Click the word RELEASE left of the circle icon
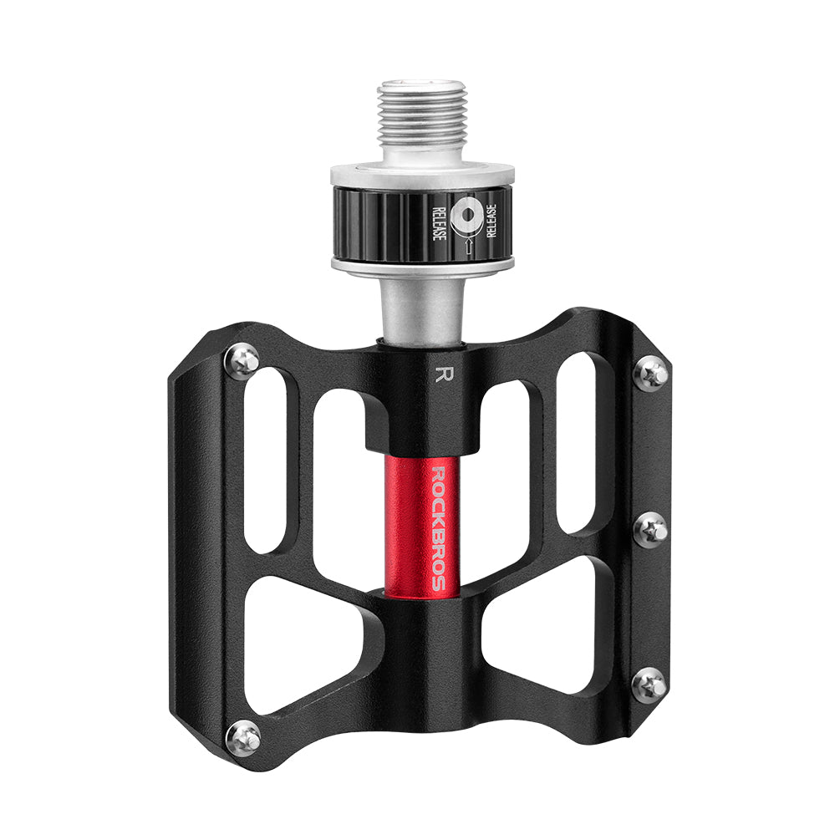[x=438, y=220]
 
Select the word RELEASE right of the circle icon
[x=491, y=220]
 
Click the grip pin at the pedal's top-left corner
[x=242, y=360]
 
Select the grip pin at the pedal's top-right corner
[x=653, y=374]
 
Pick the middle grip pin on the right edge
[x=650, y=530]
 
